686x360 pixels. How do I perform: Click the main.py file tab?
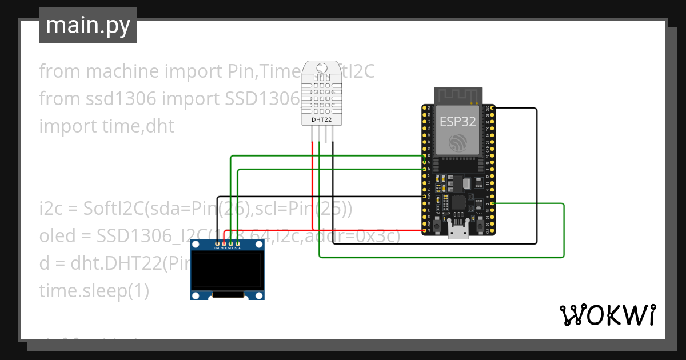click(87, 25)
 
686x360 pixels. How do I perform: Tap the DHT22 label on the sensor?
click(321, 120)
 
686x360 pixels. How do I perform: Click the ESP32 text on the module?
click(457, 121)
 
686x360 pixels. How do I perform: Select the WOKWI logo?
click(607, 315)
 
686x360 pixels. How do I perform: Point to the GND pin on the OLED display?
click(217, 244)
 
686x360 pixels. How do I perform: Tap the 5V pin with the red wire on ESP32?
click(425, 231)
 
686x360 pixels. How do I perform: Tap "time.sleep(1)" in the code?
click(94, 291)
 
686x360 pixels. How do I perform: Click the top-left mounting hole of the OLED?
click(196, 246)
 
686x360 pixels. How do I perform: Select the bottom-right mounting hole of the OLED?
click(259, 295)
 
